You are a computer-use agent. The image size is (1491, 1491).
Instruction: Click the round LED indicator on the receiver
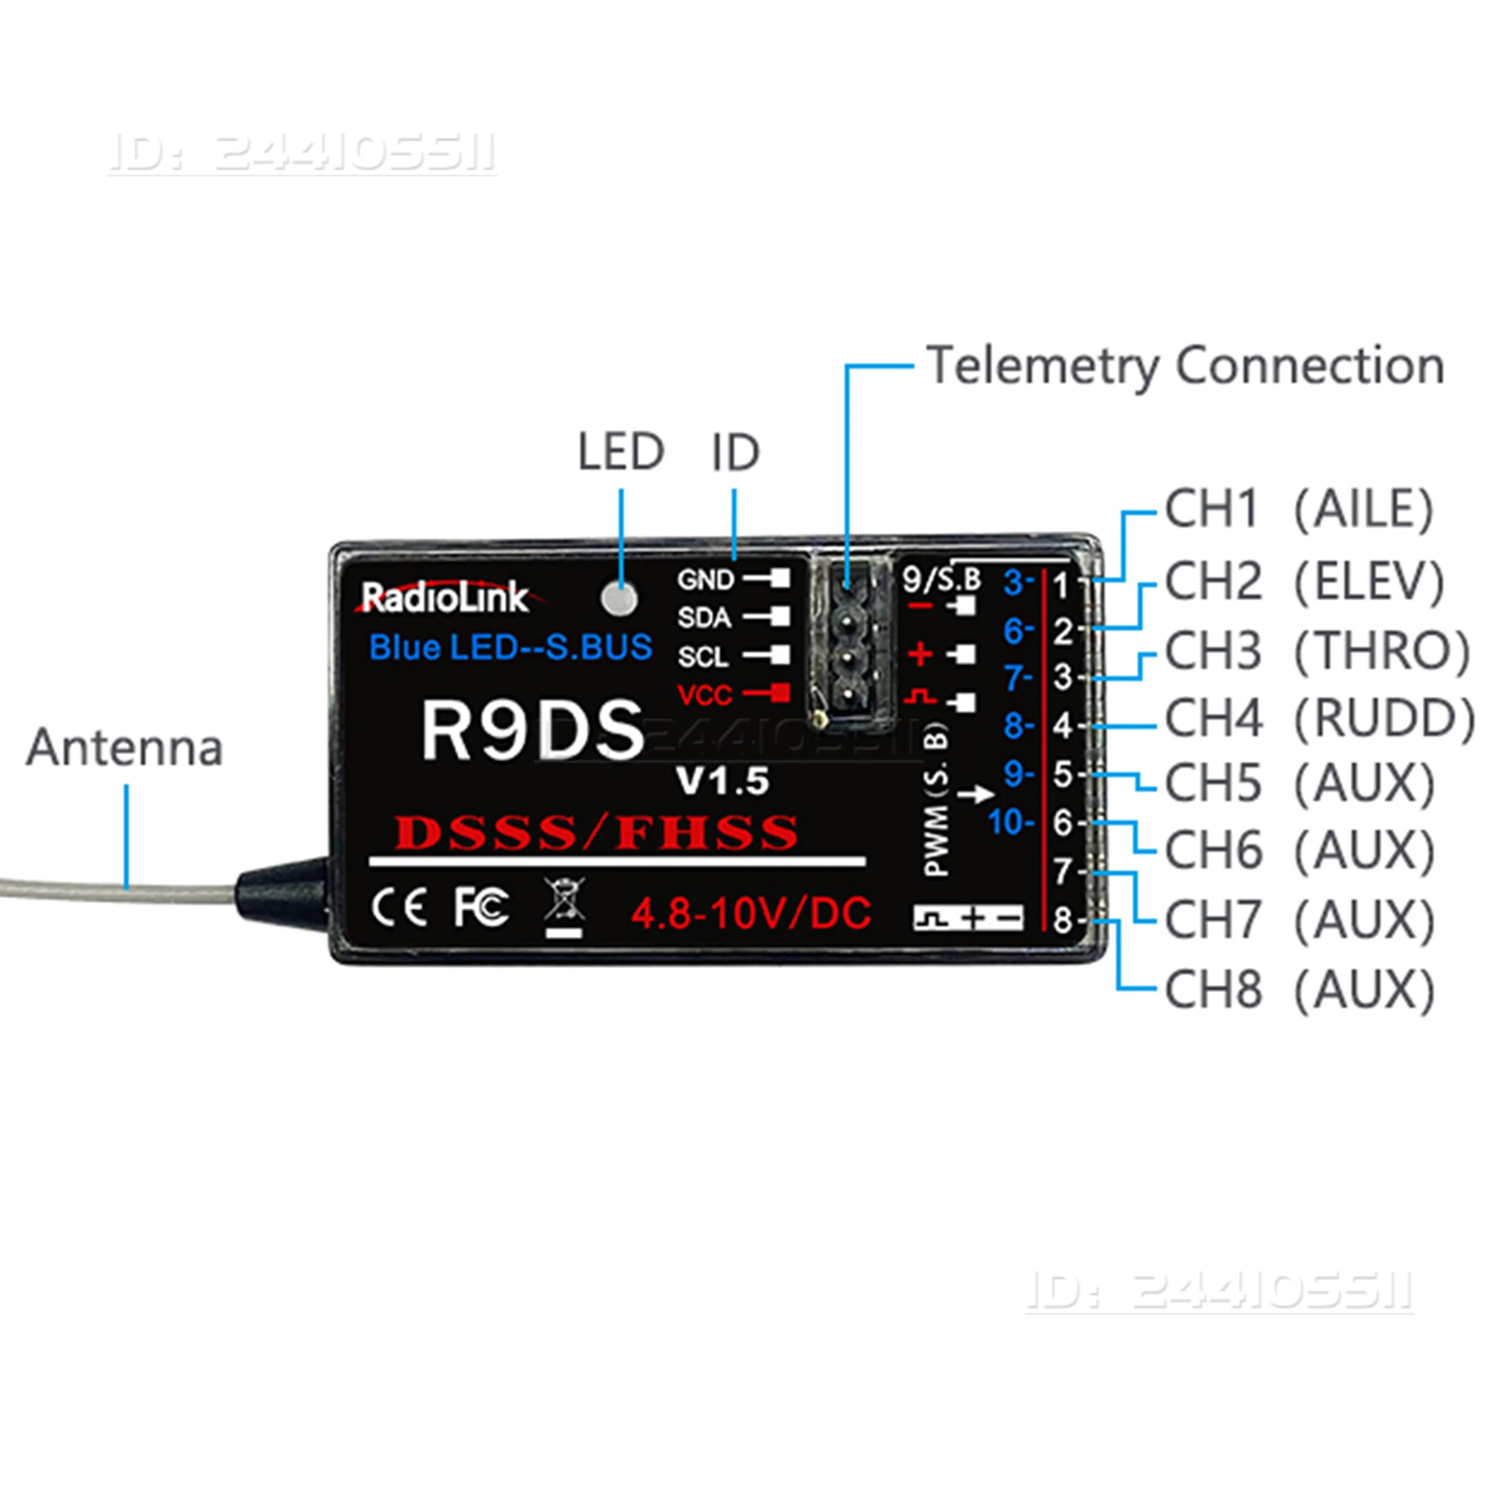tap(619, 598)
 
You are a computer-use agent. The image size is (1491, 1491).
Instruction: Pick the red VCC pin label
tap(704, 695)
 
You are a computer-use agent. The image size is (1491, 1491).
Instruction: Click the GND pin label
tap(705, 580)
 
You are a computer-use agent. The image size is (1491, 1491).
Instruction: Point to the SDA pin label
tap(704, 617)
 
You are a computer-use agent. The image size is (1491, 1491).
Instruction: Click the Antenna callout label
tap(125, 748)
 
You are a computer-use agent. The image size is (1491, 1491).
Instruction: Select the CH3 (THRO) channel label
tap(1317, 651)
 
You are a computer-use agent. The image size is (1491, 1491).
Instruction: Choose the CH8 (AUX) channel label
tap(1299, 990)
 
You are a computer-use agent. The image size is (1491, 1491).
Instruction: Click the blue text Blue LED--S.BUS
tap(510, 647)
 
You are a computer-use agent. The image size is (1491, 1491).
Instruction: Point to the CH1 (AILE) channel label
tap(1298, 509)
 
